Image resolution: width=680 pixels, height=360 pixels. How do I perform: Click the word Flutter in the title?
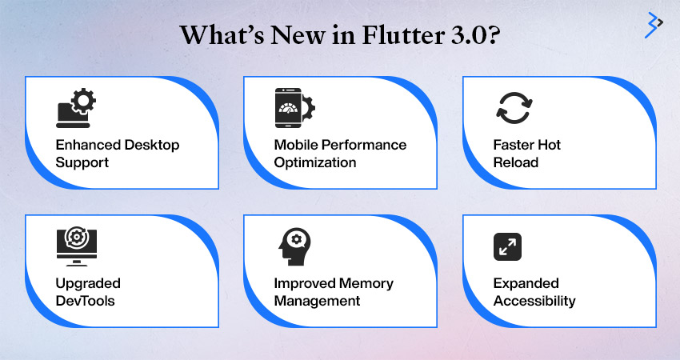[403, 34]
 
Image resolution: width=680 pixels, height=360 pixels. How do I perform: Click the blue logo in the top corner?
[654, 25]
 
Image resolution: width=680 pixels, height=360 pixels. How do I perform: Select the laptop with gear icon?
[76, 108]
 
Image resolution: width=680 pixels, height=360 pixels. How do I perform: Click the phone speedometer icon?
[295, 108]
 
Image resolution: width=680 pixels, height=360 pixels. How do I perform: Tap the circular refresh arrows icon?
[514, 108]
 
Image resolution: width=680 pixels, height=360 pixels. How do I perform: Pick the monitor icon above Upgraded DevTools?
[77, 246]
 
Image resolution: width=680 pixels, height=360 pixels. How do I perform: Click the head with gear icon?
[295, 246]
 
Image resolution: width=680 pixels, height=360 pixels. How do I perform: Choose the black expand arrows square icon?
[507, 246]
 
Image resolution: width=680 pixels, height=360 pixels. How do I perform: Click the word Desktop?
[150, 146]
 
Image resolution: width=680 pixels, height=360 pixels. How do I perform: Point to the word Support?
[82, 163]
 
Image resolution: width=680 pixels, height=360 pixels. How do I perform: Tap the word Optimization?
[315, 162]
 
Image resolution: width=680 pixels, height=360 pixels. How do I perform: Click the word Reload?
[516, 162]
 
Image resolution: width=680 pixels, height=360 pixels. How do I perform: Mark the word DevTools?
[85, 301]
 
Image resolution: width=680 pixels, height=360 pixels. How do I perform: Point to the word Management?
[317, 302]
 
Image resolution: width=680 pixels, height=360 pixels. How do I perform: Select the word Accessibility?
[534, 302]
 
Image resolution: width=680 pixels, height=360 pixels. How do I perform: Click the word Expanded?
[526, 284]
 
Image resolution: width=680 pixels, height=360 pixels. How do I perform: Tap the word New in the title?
[298, 35]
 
